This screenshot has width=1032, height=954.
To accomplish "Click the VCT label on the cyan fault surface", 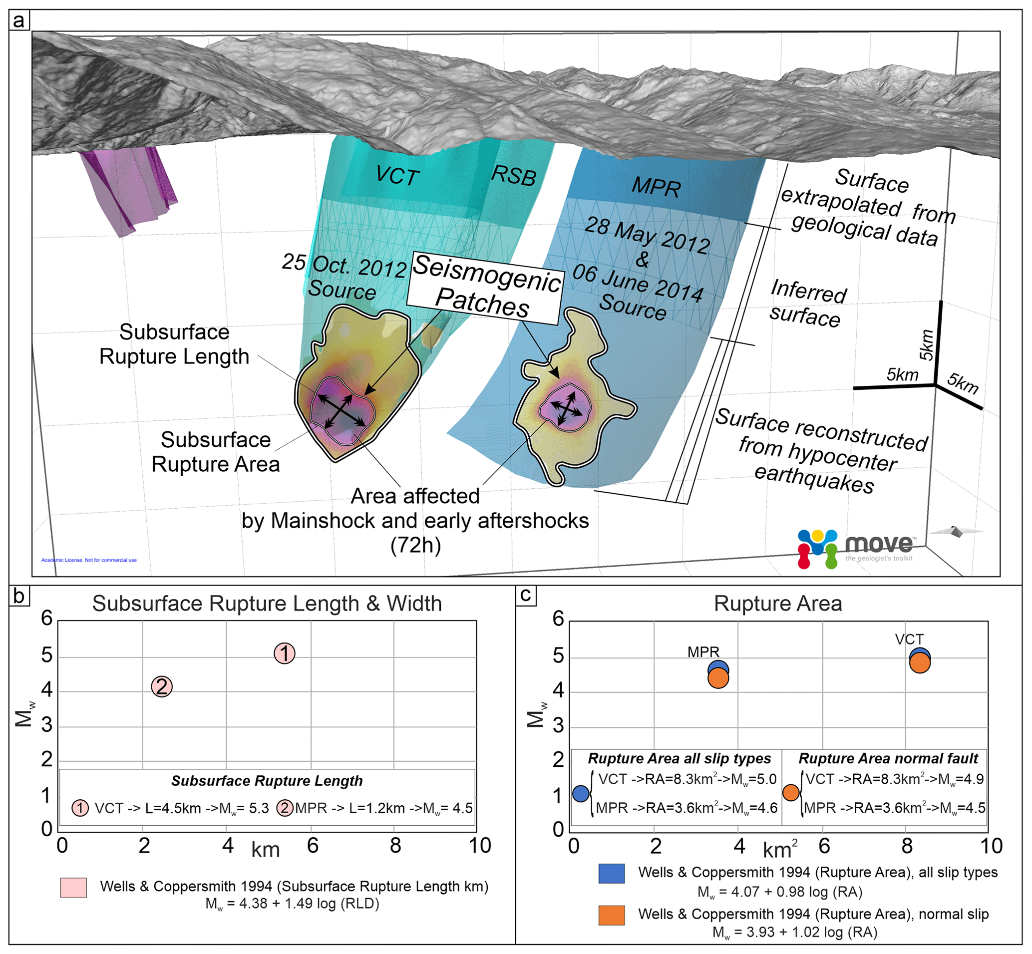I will (396, 176).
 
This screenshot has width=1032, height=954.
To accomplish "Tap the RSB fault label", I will (514, 176).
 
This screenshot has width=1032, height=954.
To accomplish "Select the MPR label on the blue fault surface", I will (656, 186).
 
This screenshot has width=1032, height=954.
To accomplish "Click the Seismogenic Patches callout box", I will (484, 287).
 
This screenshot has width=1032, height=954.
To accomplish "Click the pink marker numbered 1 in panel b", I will (285, 653).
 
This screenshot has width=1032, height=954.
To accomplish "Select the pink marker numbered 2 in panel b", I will (162, 686).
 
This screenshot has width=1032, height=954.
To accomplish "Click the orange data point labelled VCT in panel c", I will (920, 663).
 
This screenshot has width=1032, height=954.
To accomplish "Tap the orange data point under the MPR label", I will (718, 679).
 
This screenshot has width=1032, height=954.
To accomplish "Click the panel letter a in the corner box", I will (19, 21).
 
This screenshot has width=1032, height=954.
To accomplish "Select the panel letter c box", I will (526, 595).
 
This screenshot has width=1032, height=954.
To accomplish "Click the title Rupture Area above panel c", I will (777, 604).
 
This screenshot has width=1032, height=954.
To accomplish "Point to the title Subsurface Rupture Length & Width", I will (267, 604).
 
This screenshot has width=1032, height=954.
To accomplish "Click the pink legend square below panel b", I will (73, 888).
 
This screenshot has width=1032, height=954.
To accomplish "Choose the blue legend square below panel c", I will (611, 873).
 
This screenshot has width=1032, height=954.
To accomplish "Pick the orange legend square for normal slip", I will (611, 915).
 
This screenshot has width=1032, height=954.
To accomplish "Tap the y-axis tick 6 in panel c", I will (558, 619).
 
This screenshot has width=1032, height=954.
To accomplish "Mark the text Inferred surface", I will (807, 304).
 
